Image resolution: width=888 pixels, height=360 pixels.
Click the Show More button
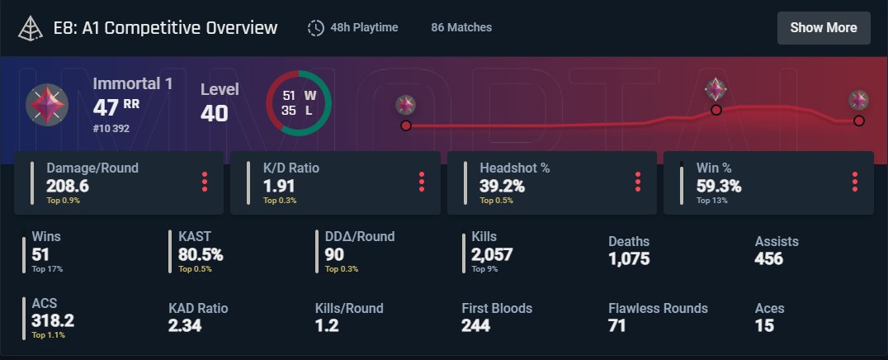point(824,27)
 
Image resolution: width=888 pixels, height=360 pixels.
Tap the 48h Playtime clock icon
point(315,27)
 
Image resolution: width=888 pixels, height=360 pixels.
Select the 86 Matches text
point(461,27)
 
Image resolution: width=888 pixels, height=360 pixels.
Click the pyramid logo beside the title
point(31,27)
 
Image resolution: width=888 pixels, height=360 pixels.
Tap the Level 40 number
point(215,113)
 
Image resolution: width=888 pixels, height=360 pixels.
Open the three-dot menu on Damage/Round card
point(205,182)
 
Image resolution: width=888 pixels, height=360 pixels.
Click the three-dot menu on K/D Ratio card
point(421,182)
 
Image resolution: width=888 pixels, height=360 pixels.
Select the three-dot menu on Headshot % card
point(638,182)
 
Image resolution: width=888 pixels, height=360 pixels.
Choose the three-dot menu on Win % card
point(854,182)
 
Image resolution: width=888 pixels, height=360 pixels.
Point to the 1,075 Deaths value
point(629,258)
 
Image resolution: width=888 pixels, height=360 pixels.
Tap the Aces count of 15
point(764,325)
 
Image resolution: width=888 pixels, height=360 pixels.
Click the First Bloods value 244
point(476,325)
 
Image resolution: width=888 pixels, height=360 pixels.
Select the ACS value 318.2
point(53,320)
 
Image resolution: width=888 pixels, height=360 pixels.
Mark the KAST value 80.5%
point(201,254)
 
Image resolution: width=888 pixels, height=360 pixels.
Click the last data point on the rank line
point(859,121)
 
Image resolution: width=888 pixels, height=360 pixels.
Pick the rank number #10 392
point(112,128)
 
